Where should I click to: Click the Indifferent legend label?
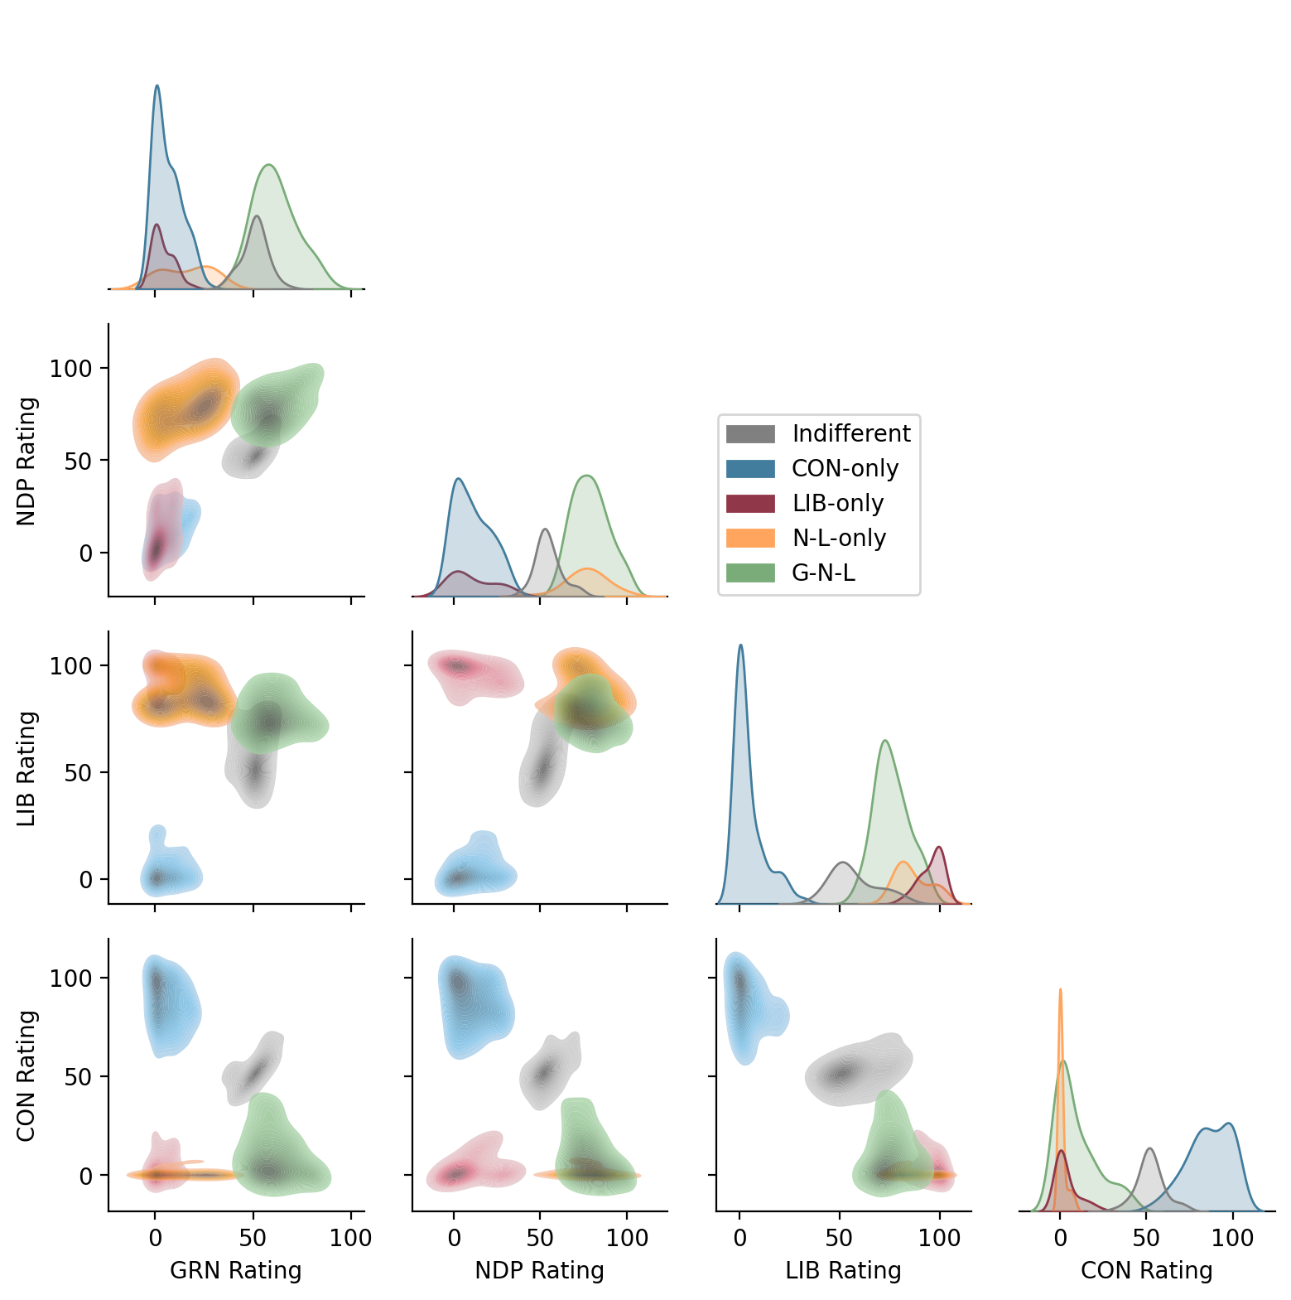(x=850, y=433)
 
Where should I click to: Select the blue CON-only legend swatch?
(x=750, y=469)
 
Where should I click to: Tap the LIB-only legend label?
(x=837, y=503)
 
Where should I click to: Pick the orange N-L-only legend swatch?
(x=750, y=539)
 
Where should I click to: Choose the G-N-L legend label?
(x=823, y=573)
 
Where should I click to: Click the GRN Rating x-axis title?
(x=236, y=1270)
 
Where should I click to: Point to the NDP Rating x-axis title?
(x=539, y=1270)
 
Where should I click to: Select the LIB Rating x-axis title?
(x=843, y=1270)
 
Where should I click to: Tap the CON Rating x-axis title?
(x=1146, y=1270)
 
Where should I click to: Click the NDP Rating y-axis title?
(x=27, y=461)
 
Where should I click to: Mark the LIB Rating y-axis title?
(x=27, y=768)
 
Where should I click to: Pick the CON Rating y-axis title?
(x=27, y=1075)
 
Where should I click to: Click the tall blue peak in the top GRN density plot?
(x=157, y=86)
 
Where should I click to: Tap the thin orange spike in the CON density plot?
(x=1060, y=990)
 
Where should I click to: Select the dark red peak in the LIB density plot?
(x=939, y=848)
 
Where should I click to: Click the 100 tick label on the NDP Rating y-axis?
(x=71, y=368)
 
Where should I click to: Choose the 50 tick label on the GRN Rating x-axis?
(x=253, y=1239)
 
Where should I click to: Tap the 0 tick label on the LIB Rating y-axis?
(x=86, y=880)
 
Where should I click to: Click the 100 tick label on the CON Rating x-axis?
(x=1232, y=1239)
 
